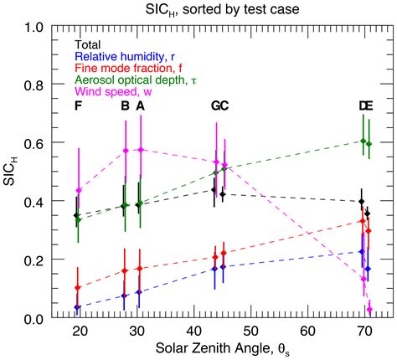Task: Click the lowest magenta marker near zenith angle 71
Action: coord(369,310)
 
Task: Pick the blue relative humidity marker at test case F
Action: coord(77,307)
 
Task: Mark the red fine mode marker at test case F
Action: coord(78,288)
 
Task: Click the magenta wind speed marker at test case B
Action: coord(126,151)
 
